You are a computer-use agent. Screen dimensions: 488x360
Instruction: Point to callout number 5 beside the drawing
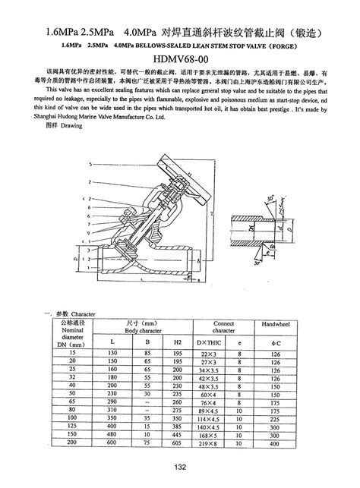coord(90,163)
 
